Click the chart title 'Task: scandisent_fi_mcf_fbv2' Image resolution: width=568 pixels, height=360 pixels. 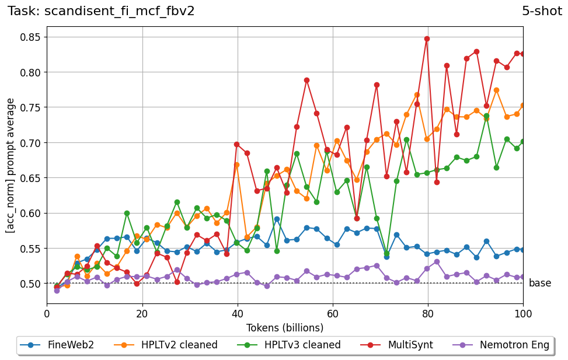tap(101, 11)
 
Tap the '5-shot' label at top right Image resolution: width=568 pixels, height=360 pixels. tap(542, 11)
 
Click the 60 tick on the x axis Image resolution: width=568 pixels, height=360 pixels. tap(333, 313)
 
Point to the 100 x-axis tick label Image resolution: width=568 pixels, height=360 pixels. tap(523, 313)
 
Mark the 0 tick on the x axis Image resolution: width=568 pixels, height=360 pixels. tap(47, 313)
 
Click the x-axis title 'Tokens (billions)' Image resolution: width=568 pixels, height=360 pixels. tap(285, 327)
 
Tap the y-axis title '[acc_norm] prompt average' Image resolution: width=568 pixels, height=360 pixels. tap(11, 166)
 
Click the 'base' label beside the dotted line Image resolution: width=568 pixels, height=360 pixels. tap(540, 284)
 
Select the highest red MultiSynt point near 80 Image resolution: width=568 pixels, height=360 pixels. tap(427, 39)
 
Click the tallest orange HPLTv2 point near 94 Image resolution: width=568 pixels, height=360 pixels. tap(496, 90)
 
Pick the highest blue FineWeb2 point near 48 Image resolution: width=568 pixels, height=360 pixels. tap(277, 219)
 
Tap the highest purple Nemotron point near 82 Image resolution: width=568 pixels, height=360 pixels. tap(437, 261)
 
